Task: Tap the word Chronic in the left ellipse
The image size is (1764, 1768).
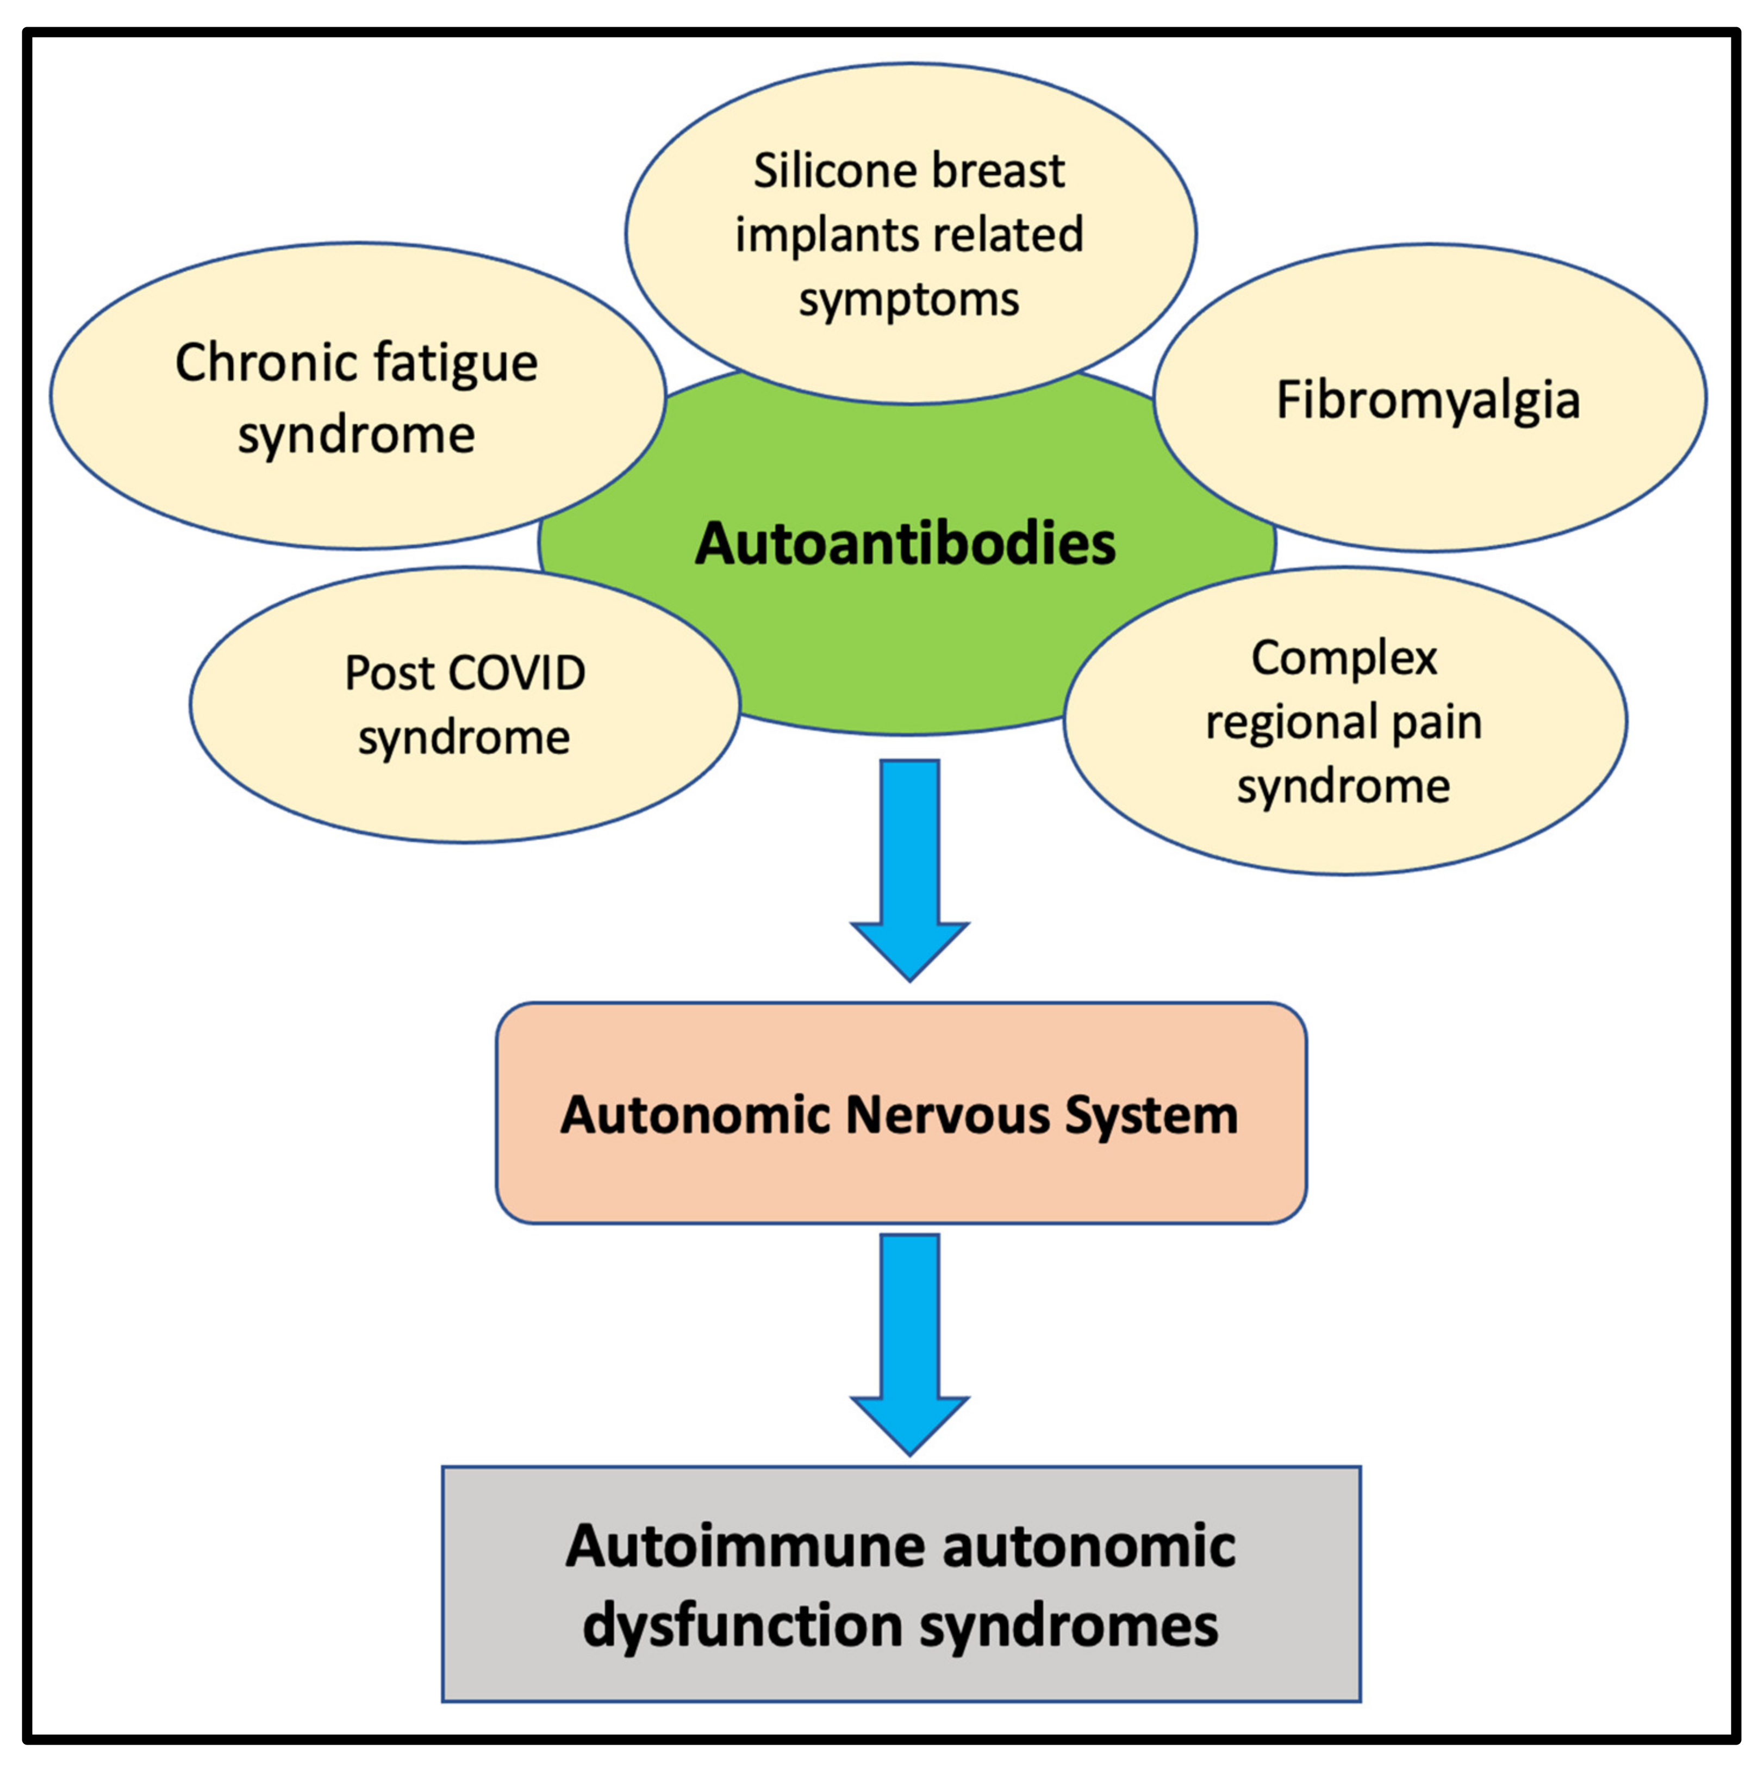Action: [253, 363]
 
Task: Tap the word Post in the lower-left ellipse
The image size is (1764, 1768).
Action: [389, 673]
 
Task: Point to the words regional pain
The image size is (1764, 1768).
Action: [1343, 723]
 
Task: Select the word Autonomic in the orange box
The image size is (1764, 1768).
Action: [695, 1115]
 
